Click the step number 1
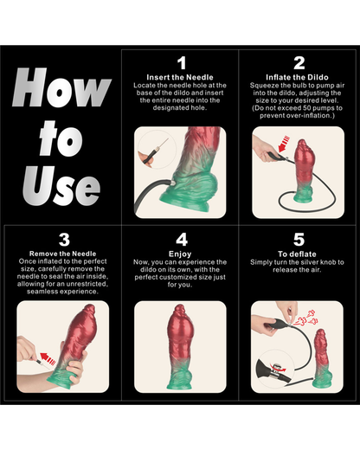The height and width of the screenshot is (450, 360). pos(181,63)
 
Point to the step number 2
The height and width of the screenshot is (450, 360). pos(299,63)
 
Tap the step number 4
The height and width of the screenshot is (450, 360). pos(181,239)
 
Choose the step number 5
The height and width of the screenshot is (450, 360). pos(299,239)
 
